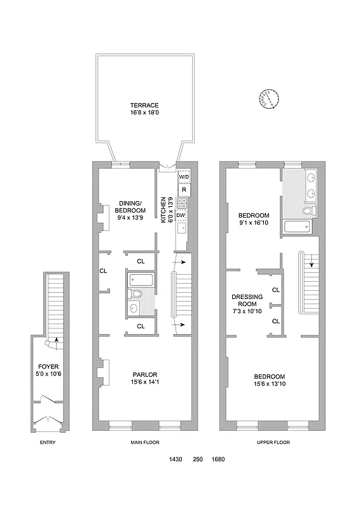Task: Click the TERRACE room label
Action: pyautogui.click(x=144, y=105)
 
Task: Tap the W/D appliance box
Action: pyautogui.click(x=183, y=176)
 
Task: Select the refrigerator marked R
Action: pyautogui.click(x=183, y=190)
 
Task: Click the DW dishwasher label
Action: pyautogui.click(x=181, y=215)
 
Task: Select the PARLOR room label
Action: pyautogui.click(x=144, y=374)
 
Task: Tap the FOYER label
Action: pyautogui.click(x=48, y=366)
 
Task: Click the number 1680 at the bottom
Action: pyautogui.click(x=218, y=459)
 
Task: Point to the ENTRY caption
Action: pyautogui.click(x=48, y=442)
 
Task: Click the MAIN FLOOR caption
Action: pyautogui.click(x=144, y=442)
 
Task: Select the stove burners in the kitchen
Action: pyautogui.click(x=182, y=203)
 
